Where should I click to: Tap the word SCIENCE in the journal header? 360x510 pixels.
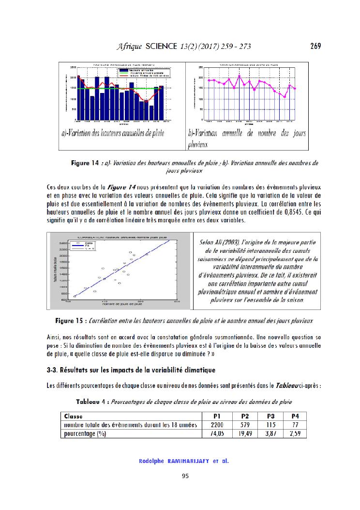(x=162, y=46)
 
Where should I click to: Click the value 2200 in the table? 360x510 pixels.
(x=216, y=425)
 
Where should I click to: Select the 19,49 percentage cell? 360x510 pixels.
(x=245, y=434)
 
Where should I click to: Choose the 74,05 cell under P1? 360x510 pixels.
(x=216, y=434)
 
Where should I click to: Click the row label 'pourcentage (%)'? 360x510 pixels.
(x=85, y=434)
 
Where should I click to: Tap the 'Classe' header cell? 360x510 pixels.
(x=74, y=416)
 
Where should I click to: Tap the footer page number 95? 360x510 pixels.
(x=185, y=476)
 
